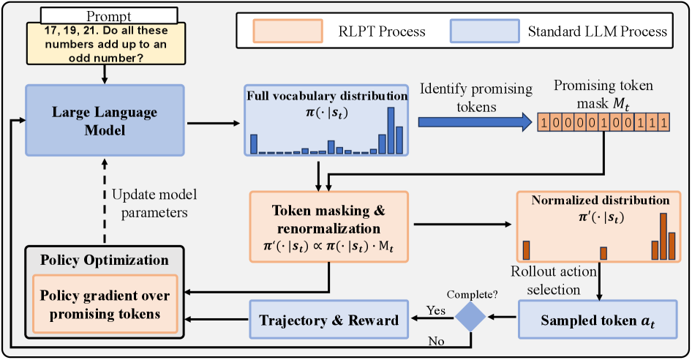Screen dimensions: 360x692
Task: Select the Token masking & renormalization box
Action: click(328, 227)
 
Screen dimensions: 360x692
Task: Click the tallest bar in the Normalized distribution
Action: click(663, 236)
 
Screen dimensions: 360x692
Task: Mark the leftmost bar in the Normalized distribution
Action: click(525, 250)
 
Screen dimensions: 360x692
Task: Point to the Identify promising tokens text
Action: click(475, 97)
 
